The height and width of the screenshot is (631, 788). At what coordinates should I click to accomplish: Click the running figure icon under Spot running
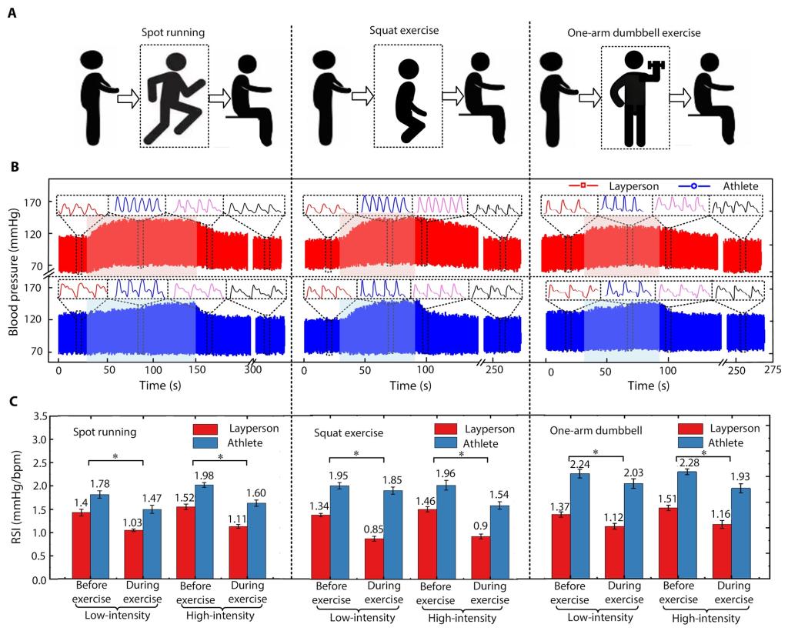pos(173,96)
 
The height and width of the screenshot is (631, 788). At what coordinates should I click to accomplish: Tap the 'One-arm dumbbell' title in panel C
pos(589,432)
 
